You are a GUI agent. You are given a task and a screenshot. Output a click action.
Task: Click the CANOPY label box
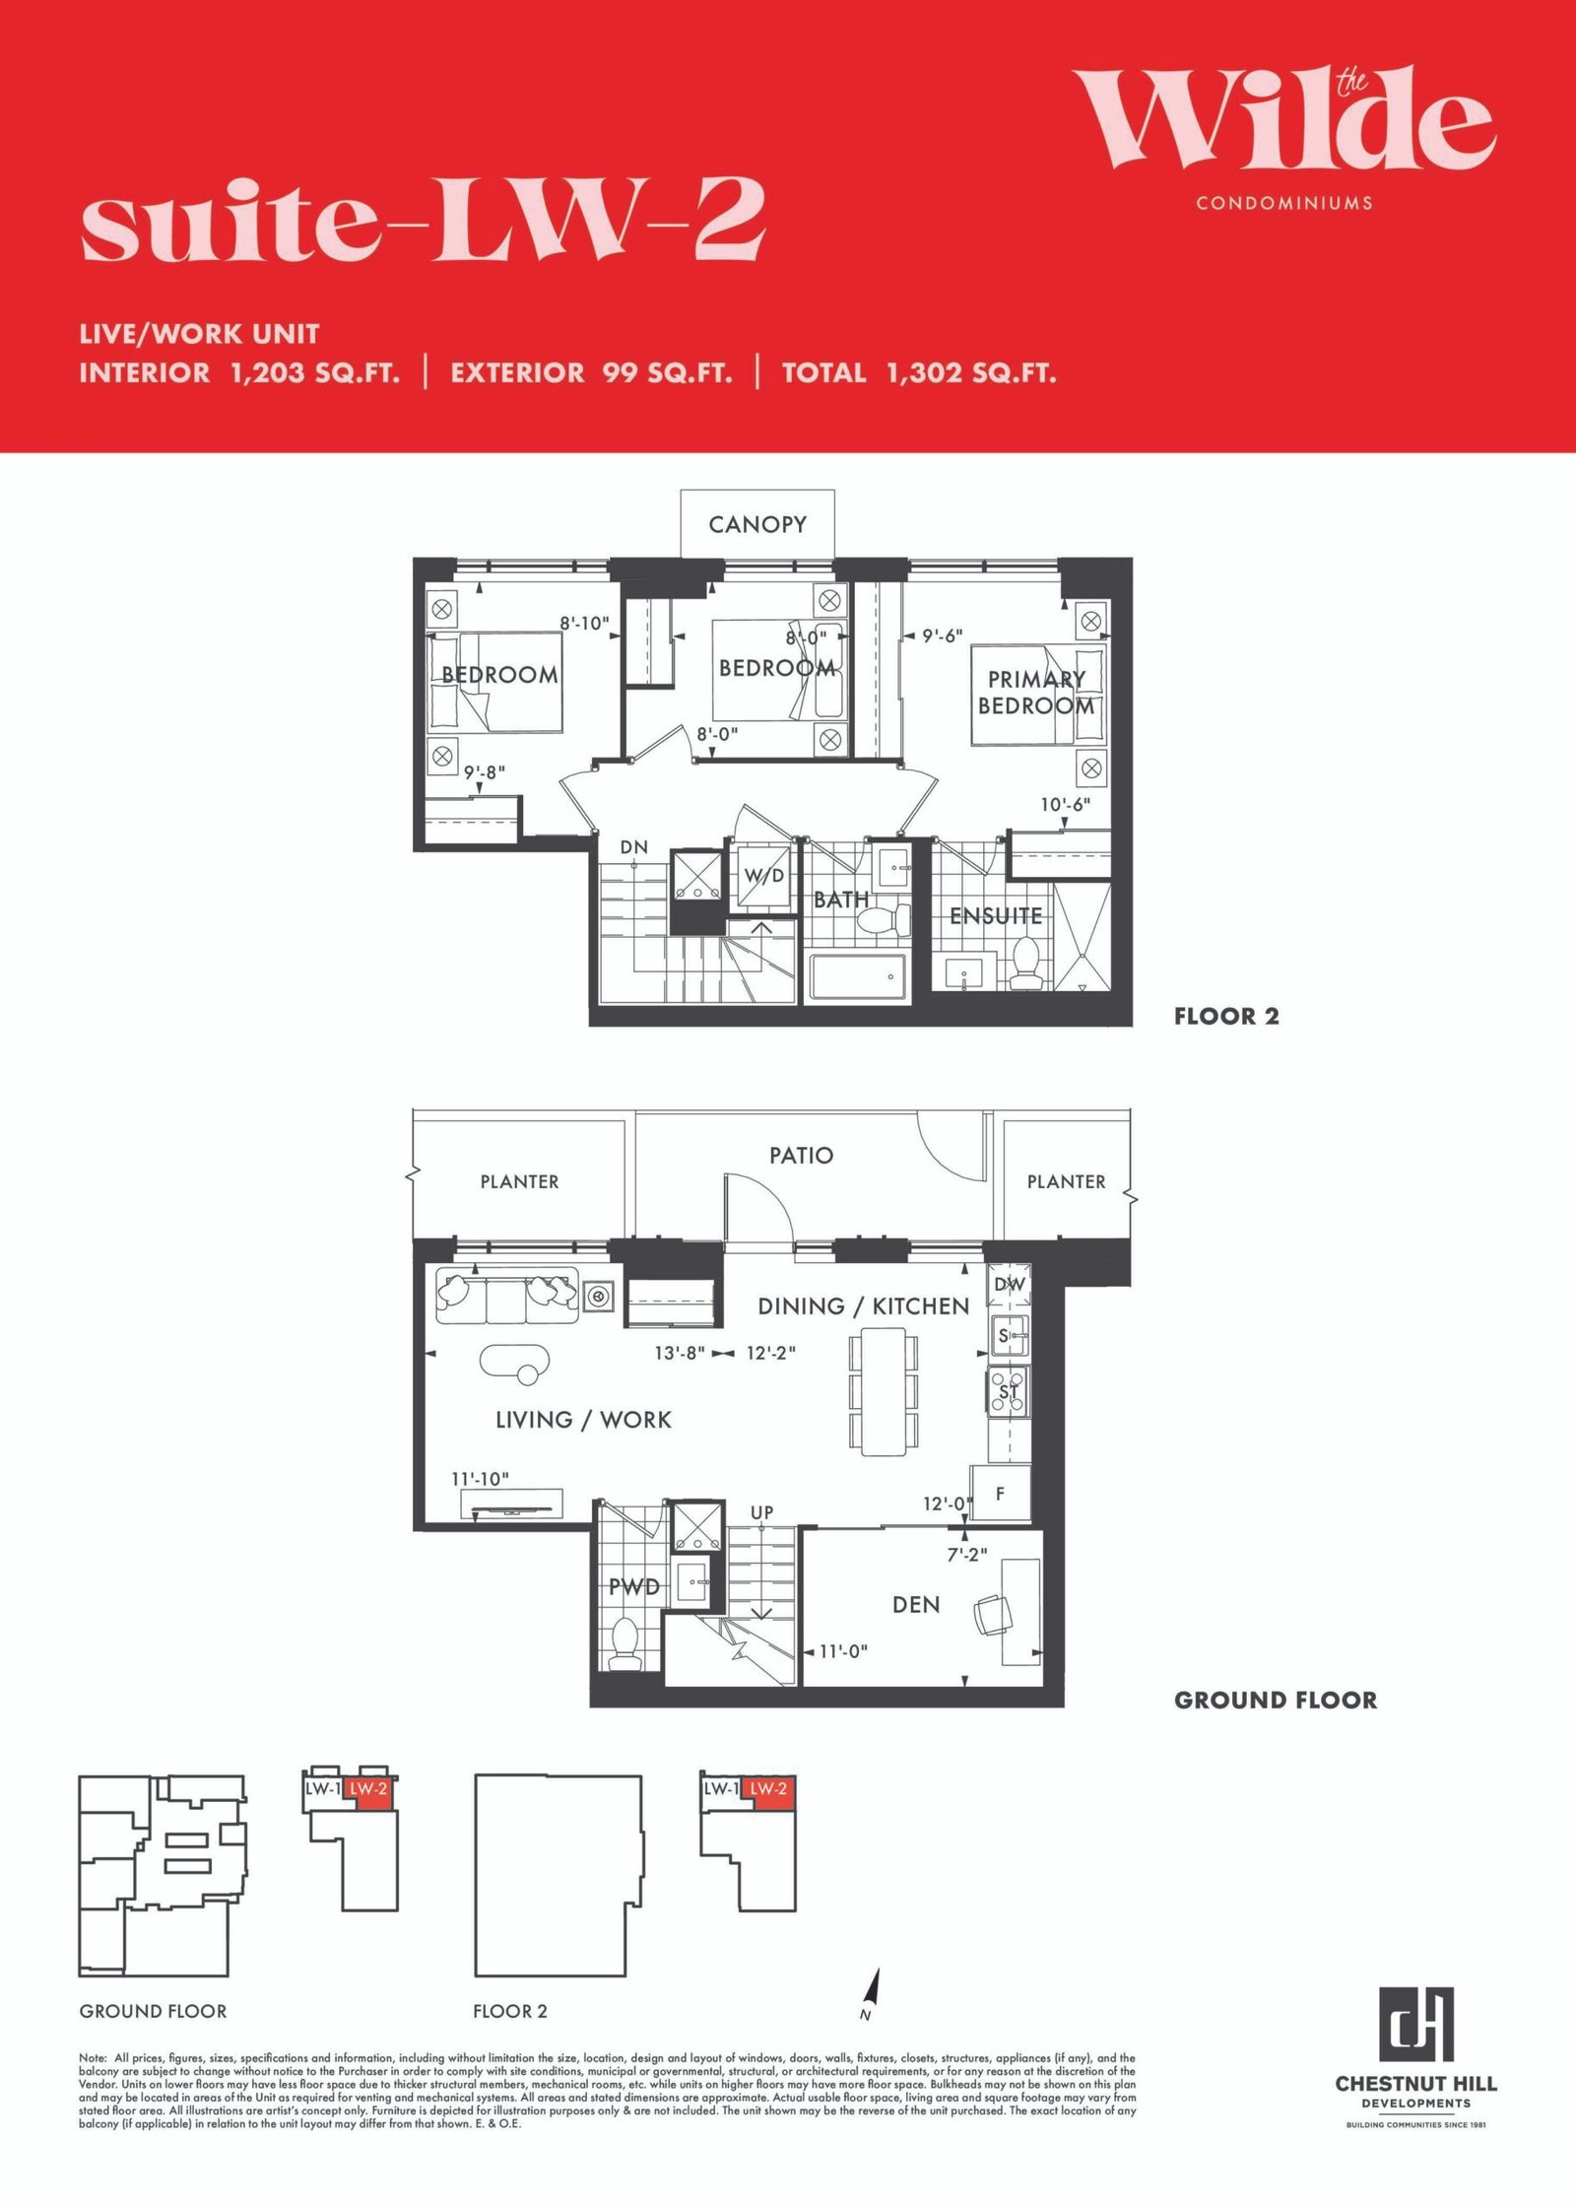pyautogui.click(x=757, y=524)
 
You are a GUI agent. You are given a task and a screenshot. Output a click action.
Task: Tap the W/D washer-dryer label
pyautogui.click(x=764, y=875)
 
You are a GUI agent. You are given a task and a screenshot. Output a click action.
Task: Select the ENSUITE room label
pyautogui.click(x=996, y=915)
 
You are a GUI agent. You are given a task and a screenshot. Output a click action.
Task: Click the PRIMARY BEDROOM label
pyautogui.click(x=1036, y=693)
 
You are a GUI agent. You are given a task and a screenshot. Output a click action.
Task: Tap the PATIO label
pyautogui.click(x=801, y=1155)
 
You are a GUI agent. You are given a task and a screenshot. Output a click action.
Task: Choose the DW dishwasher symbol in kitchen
pyautogui.click(x=1009, y=1285)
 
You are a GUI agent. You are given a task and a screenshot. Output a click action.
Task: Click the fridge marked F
pyautogui.click(x=1001, y=1494)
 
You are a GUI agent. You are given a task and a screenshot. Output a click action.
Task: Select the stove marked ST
pyautogui.click(x=1009, y=1391)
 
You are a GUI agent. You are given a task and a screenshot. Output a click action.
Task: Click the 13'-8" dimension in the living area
pyautogui.click(x=680, y=1353)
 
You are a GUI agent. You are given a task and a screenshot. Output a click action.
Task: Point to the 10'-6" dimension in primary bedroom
pyautogui.click(x=1066, y=804)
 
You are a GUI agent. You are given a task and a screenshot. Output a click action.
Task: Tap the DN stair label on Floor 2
pyautogui.click(x=634, y=846)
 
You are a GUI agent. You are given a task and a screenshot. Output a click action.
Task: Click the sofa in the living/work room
pyautogui.click(x=507, y=1296)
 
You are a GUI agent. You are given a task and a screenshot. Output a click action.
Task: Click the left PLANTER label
pyautogui.click(x=519, y=1181)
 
